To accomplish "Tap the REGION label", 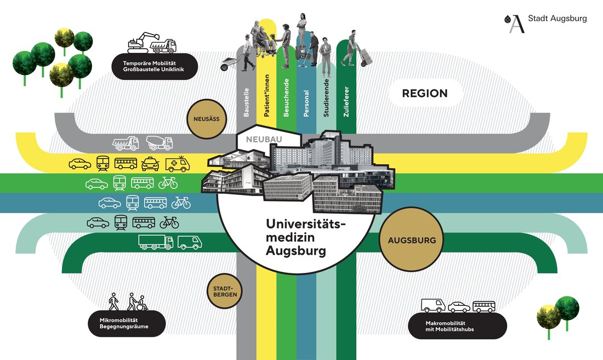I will coord(425,93).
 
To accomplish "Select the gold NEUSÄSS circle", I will coord(207,118).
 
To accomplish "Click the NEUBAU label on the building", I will coord(264,140).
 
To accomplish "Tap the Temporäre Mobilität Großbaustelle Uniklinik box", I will coord(154,66).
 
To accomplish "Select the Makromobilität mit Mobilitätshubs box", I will coord(457,325).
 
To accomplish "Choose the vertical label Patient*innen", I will coord(266,95).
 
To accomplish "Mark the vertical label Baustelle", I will coord(247,102).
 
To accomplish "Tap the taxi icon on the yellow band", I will coord(150,163).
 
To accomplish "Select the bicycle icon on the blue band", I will coord(181,203).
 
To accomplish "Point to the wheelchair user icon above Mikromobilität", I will coord(141,301).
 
